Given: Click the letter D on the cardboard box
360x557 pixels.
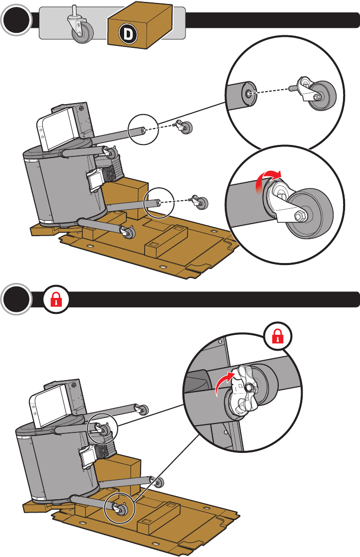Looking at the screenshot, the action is [x=127, y=34].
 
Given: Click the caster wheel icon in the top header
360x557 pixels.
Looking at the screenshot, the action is [x=81, y=24].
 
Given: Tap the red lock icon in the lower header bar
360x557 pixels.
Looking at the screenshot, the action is [x=56, y=299].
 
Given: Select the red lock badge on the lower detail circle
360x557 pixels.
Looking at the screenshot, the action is [x=278, y=336].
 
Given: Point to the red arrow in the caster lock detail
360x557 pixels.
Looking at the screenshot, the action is [x=225, y=382].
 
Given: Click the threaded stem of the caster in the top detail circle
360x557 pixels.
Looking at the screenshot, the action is [x=294, y=87].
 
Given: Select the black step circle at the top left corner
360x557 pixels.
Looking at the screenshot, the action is [x=16, y=20].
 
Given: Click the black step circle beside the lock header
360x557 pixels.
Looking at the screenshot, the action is [x=16, y=299].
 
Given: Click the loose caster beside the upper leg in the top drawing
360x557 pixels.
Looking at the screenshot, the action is [x=183, y=127].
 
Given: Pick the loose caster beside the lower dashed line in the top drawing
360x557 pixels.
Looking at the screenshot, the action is [x=200, y=202].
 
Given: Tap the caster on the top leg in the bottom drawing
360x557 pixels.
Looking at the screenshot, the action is [x=143, y=410].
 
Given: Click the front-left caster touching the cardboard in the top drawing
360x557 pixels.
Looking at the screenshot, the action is [x=128, y=232].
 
